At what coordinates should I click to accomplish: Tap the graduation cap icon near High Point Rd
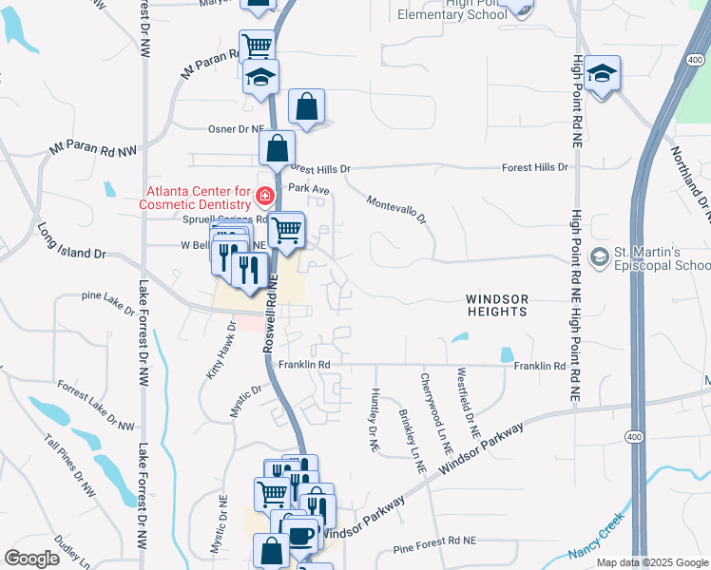pyautogui.click(x=602, y=74)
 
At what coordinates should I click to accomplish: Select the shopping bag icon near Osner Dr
pyautogui.click(x=306, y=108)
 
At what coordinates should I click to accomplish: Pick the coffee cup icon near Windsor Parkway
pyautogui.click(x=300, y=535)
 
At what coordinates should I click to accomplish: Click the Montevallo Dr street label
pyautogui.click(x=397, y=211)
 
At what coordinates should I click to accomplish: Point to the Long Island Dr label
pyautogui.click(x=70, y=242)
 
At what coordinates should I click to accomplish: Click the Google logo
pyautogui.click(x=31, y=559)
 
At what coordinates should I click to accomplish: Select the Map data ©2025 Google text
pyautogui.click(x=652, y=561)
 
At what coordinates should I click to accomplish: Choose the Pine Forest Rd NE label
pyautogui.click(x=433, y=541)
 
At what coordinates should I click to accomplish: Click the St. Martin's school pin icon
pyautogui.click(x=600, y=256)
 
